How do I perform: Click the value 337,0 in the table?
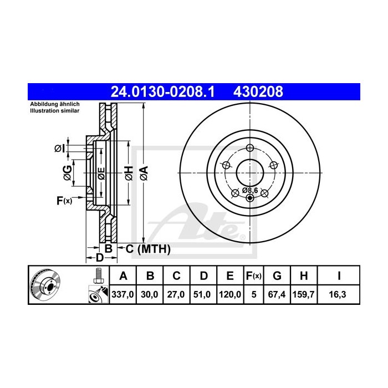click(x=124, y=295)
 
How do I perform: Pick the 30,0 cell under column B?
click(x=149, y=295)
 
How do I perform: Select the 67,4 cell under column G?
click(x=277, y=295)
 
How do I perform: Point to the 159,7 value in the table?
click(x=303, y=295)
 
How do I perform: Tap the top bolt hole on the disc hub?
click(x=249, y=147)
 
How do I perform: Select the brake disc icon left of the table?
click(x=45, y=285)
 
